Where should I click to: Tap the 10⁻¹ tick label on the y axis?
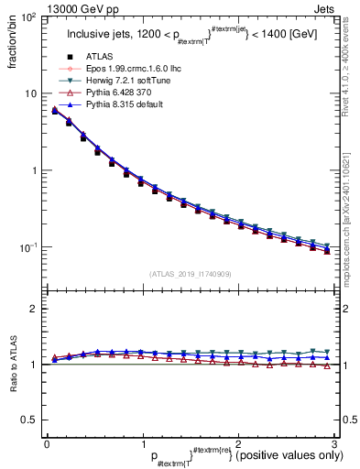(x=26, y=247)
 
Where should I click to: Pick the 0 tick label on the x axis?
(x=47, y=444)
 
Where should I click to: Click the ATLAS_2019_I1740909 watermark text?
(x=190, y=273)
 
